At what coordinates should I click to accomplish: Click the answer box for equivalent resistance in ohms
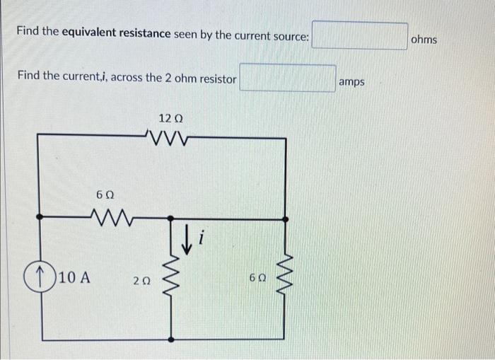(x=360, y=35)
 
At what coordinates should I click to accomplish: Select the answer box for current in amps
(x=287, y=79)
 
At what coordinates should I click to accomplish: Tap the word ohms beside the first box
(x=424, y=40)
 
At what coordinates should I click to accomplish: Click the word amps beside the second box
(x=351, y=82)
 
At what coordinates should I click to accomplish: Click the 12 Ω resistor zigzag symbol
(x=167, y=135)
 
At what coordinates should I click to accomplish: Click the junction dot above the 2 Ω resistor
(x=170, y=218)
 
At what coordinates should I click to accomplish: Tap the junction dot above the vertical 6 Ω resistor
(x=286, y=218)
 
